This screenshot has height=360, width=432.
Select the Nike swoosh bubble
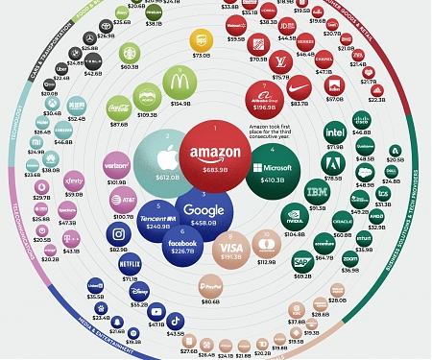click(x=299, y=87)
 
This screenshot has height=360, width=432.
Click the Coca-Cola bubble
click(x=119, y=108)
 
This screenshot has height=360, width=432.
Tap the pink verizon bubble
click(x=116, y=165)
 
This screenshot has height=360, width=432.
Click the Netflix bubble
click(x=129, y=261)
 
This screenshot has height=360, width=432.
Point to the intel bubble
click(x=335, y=132)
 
